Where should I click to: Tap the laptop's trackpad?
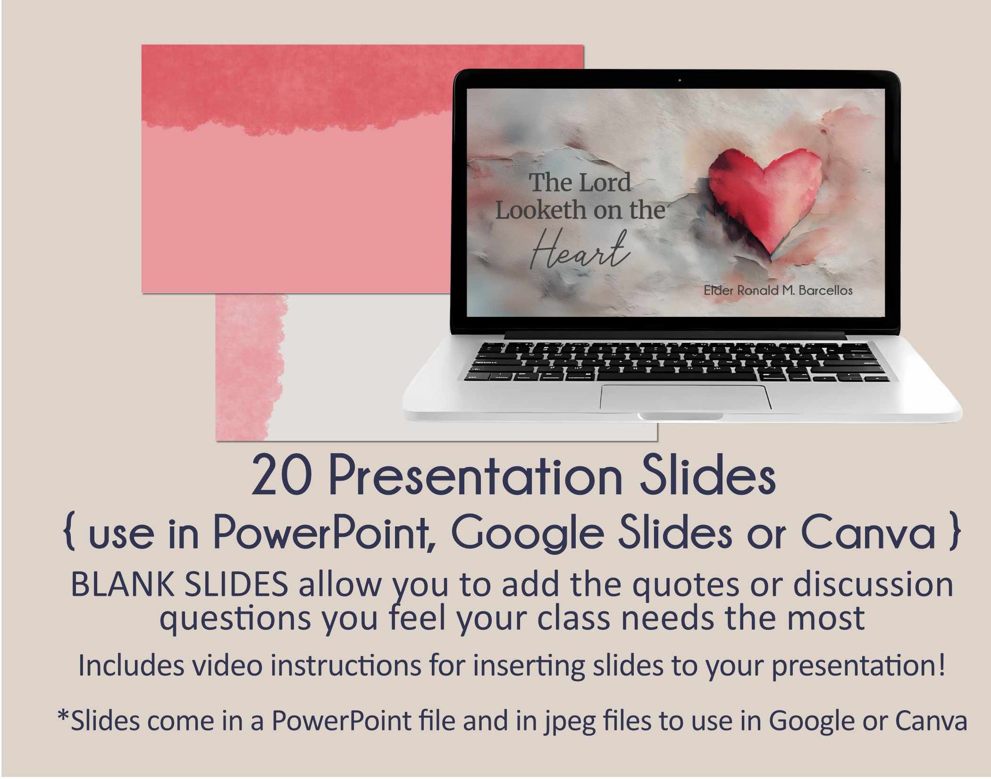(x=686, y=397)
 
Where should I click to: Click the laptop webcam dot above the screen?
(x=680, y=80)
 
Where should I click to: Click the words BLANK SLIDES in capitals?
(x=180, y=585)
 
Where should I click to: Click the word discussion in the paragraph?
(x=873, y=585)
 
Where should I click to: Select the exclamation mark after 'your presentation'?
(x=941, y=665)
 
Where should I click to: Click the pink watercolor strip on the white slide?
(x=250, y=367)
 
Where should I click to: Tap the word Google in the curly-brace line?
(x=528, y=534)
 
